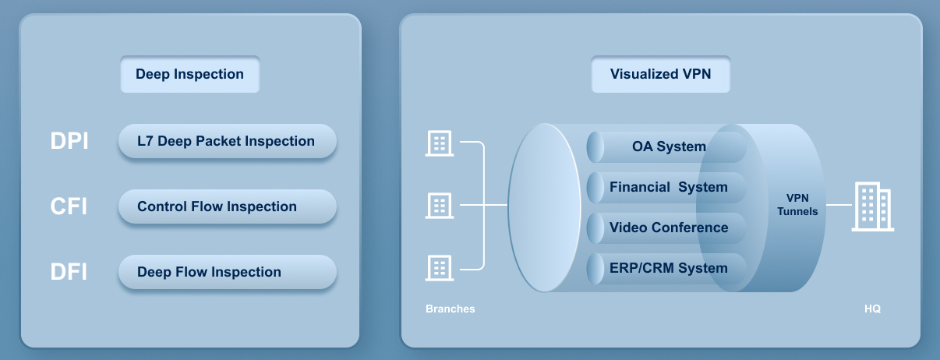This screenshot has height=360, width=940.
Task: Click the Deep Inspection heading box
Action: pyautogui.click(x=189, y=75)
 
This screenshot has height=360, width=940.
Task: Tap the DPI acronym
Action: pyautogui.click(x=69, y=141)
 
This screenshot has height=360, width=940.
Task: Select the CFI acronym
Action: pyautogui.click(x=69, y=206)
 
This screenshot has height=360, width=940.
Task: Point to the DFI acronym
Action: pyautogui.click(x=69, y=272)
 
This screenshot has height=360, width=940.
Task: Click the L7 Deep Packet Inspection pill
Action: pyautogui.click(x=227, y=142)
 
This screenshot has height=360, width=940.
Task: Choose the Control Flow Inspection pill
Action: pyautogui.click(x=227, y=207)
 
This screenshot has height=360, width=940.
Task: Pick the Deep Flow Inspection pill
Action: pyautogui.click(x=227, y=273)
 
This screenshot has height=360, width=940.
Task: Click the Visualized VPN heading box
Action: pyautogui.click(x=660, y=75)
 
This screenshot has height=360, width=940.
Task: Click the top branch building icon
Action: pyautogui.click(x=439, y=143)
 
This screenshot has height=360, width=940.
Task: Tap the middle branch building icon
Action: pyautogui.click(x=439, y=205)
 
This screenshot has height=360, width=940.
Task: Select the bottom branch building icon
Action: pyautogui.click(x=439, y=267)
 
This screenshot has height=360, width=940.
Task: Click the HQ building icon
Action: pyautogui.click(x=872, y=206)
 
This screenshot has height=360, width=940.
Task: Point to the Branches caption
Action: pyautogui.click(x=450, y=309)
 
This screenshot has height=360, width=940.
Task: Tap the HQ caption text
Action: pyautogui.click(x=872, y=309)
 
